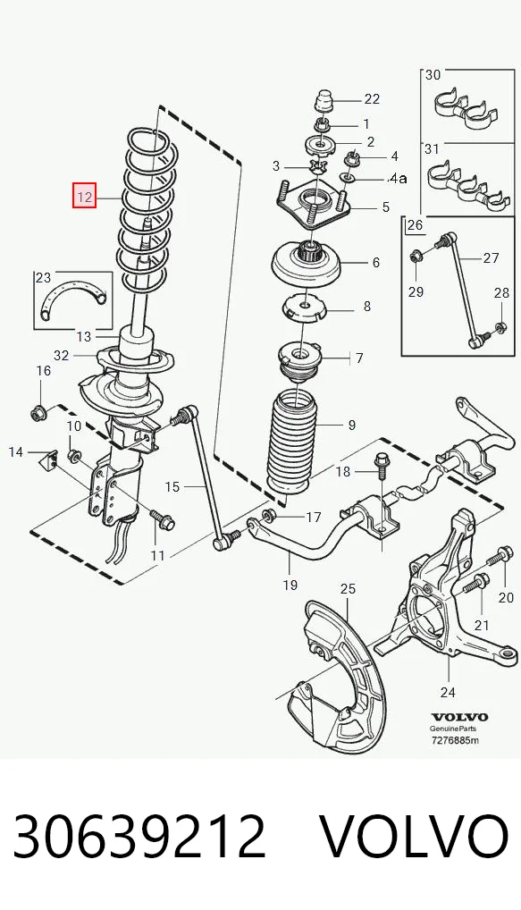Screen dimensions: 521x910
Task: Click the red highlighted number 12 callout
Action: pos(84,196)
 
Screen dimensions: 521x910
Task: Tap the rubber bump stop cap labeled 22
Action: pos(324,104)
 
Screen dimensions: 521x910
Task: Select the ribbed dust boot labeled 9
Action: pos(290,443)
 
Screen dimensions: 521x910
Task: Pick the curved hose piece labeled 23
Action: pos(75,296)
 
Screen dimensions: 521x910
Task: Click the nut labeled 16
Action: pos(38,413)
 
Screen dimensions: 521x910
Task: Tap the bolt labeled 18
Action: pos(382,464)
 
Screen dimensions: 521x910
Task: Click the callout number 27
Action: pos(491,257)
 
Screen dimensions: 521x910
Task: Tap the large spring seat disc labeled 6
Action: pos(306,263)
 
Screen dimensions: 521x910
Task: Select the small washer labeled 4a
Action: pos(347,175)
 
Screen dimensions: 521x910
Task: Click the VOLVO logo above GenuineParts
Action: pos(459,717)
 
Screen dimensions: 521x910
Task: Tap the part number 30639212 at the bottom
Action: pos(139,836)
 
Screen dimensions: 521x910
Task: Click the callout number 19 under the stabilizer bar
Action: pos(290,585)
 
